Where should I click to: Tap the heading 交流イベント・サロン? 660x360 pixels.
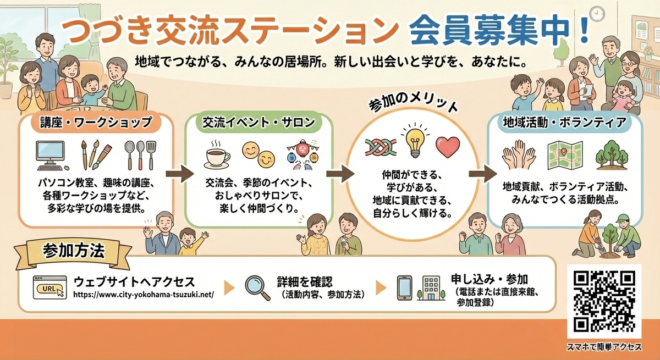[259, 123]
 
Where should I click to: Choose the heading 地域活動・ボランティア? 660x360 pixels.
[564, 123]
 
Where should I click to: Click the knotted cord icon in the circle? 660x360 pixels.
[379, 147]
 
